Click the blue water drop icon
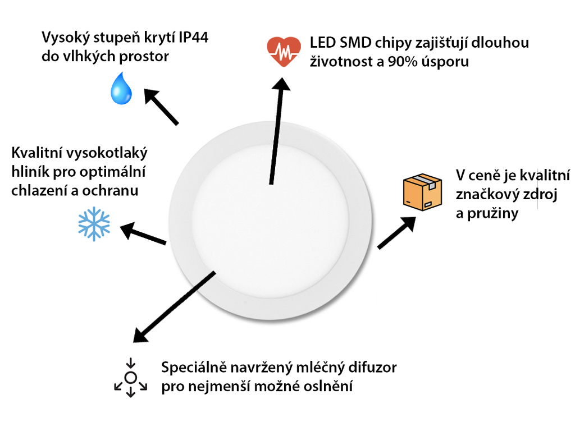(121, 88)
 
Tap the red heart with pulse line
(284, 51)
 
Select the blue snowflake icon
(94, 224)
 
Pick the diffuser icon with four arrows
(131, 377)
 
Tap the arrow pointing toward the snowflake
(144, 234)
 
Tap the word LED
(322, 43)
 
